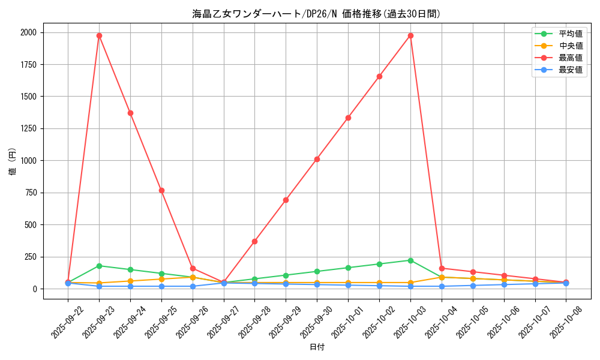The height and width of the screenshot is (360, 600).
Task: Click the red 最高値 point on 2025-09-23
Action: point(99,35)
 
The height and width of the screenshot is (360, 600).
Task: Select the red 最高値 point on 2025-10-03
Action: point(410,35)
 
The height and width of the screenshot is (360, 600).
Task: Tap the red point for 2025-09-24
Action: point(130,113)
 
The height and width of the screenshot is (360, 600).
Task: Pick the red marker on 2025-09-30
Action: point(317,159)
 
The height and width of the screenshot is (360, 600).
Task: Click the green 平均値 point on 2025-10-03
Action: point(410,260)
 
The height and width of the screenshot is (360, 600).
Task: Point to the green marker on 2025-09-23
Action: point(99,266)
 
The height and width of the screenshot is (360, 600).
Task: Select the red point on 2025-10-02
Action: point(379,76)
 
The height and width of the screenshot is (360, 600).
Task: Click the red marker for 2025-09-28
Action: point(254,241)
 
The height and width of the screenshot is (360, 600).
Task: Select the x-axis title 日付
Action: point(317,347)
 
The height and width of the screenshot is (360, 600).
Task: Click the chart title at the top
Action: point(317,14)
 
